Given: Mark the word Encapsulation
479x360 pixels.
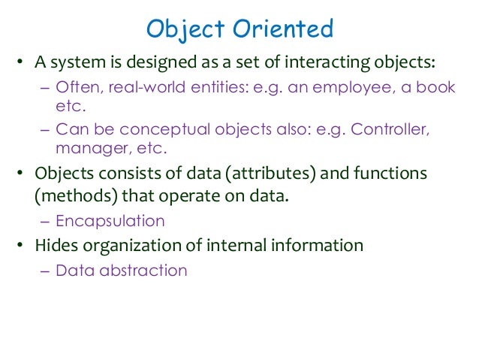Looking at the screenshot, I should click(110, 221).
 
